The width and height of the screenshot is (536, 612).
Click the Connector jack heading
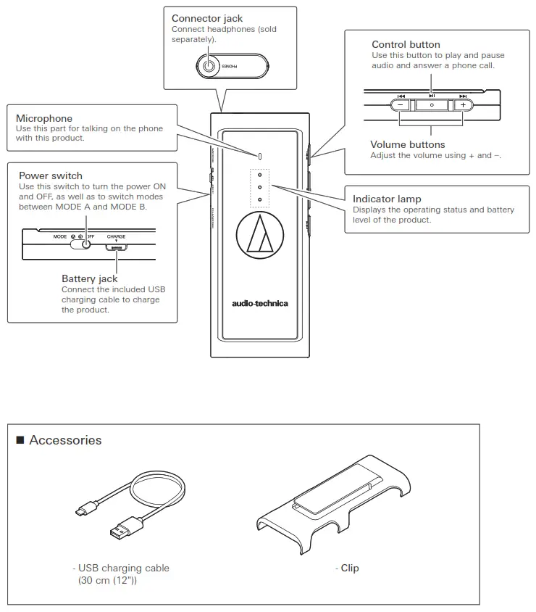pyautogui.click(x=206, y=18)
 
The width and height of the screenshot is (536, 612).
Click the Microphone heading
pyautogui.click(x=44, y=118)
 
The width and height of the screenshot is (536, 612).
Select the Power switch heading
pyautogui.click(x=51, y=175)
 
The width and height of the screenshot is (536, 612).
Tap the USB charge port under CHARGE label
pyautogui.click(x=116, y=247)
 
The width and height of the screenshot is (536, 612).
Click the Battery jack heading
pyautogui.click(x=89, y=278)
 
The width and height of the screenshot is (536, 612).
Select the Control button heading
pyautogui.click(x=406, y=44)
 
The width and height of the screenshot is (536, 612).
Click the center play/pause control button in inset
pyautogui.click(x=432, y=104)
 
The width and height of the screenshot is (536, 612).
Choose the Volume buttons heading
pyautogui.click(x=407, y=144)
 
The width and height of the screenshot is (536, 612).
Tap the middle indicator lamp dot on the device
pyautogui.click(x=259, y=187)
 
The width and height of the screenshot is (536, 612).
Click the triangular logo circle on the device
pyautogui.click(x=259, y=236)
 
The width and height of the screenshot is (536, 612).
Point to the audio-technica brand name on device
pyautogui.click(x=259, y=303)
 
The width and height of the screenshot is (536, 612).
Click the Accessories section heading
pyautogui.click(x=65, y=440)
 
